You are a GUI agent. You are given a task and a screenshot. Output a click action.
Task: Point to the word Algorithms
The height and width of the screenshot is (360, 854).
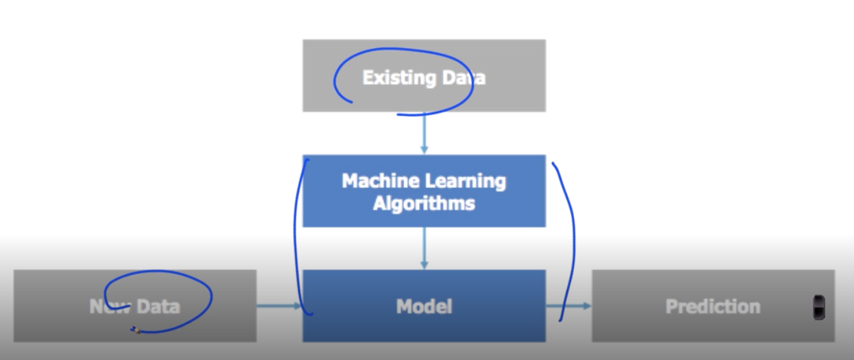424,204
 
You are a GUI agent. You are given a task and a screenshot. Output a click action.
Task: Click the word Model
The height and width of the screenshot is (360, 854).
424,306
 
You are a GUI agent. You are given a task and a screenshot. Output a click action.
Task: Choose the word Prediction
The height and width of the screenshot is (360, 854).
713,306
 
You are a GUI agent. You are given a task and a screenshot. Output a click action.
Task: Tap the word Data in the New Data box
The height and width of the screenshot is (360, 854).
158,306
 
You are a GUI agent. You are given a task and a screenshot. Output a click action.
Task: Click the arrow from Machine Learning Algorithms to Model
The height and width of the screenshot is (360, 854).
424,248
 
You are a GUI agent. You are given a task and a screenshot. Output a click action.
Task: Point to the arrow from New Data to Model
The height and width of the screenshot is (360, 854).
279,306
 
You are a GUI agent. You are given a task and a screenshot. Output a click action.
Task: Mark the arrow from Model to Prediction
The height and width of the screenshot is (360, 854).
568,306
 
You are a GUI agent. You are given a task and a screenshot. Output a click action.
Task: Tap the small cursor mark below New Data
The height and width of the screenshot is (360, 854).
136,331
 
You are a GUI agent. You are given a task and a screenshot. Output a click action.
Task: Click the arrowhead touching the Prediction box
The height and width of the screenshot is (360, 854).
588,306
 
